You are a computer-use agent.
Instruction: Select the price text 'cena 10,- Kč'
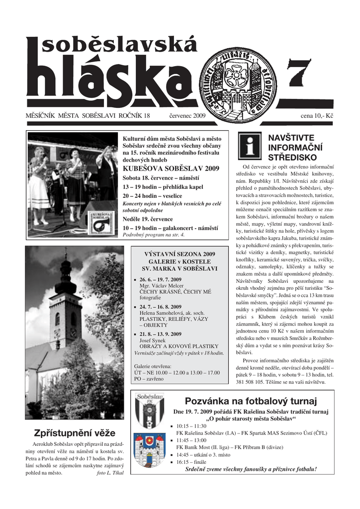pyautogui.click(x=317, y=116)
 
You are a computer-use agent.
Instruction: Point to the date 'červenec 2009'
pyautogui.click(x=187, y=116)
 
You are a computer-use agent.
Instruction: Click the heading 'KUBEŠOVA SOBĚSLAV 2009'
pyautogui.click(x=171, y=169)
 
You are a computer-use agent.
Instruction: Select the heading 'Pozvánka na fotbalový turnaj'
pyautogui.click(x=251, y=401)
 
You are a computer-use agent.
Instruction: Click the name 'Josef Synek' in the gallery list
pyautogui.click(x=155, y=340)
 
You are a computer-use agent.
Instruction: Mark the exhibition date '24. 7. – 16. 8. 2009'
pyautogui.click(x=160, y=307)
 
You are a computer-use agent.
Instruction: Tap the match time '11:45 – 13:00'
pyautogui.click(x=191, y=440)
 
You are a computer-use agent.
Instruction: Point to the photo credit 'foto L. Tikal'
pyautogui.click(x=110, y=473)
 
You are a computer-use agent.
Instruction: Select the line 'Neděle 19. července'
pyautogui.click(x=148, y=219)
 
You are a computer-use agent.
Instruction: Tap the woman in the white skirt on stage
pyautogui.click(x=39, y=183)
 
